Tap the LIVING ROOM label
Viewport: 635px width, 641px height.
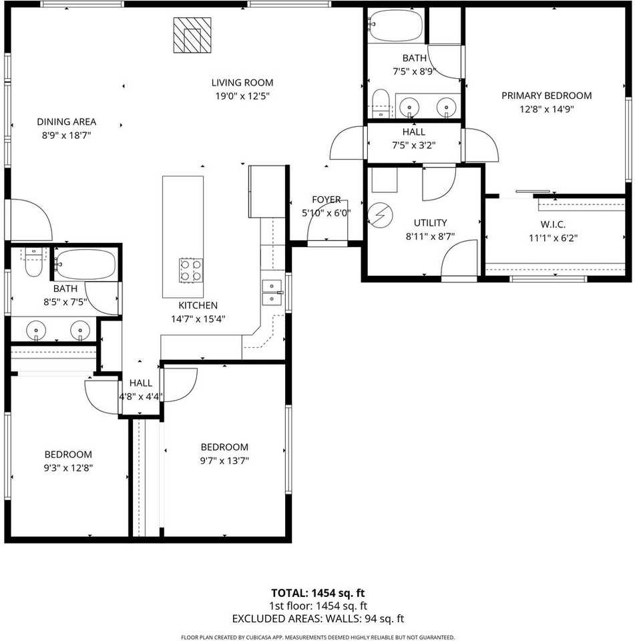point(242,83)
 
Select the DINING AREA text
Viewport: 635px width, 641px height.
point(66,122)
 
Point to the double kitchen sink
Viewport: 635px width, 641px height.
point(272,292)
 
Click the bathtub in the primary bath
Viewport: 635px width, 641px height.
point(396,25)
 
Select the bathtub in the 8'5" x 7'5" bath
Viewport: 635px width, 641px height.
point(85,263)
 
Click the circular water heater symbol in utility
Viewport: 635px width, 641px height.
point(380,216)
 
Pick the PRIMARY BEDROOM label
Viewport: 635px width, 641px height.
point(546,95)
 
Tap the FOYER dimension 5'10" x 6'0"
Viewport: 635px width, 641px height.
point(326,213)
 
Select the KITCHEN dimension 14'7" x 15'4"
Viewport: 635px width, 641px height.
point(198,318)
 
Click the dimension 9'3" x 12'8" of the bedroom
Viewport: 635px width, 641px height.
point(67,467)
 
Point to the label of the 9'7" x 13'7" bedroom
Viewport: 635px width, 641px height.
point(224,447)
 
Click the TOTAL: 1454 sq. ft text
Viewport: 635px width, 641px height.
point(318,593)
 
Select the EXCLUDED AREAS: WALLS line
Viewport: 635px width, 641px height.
point(318,619)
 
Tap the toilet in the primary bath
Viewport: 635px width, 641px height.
point(381,101)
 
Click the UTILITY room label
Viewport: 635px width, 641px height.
point(430,223)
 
